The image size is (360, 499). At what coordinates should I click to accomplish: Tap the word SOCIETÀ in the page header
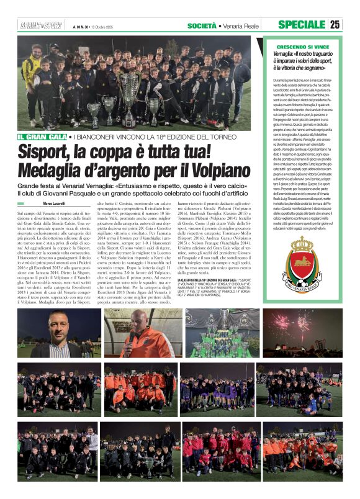[202, 25]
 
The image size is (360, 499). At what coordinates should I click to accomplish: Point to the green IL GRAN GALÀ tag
[42, 137]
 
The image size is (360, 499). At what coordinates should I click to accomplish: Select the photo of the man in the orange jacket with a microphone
[143, 334]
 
